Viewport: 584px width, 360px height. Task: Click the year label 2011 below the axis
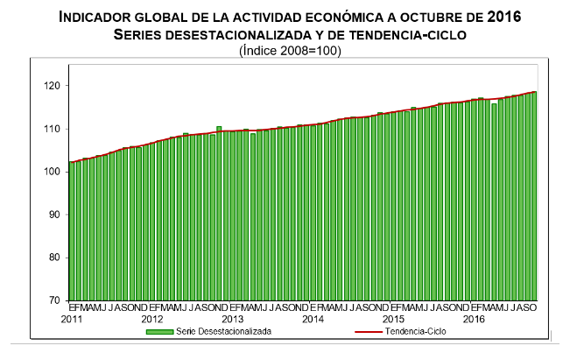(x=73, y=319)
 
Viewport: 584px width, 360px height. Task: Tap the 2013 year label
(x=233, y=319)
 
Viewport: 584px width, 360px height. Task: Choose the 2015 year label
(x=393, y=319)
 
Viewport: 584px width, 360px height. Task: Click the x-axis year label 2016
(x=474, y=319)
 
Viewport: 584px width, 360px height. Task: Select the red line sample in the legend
(x=371, y=332)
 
